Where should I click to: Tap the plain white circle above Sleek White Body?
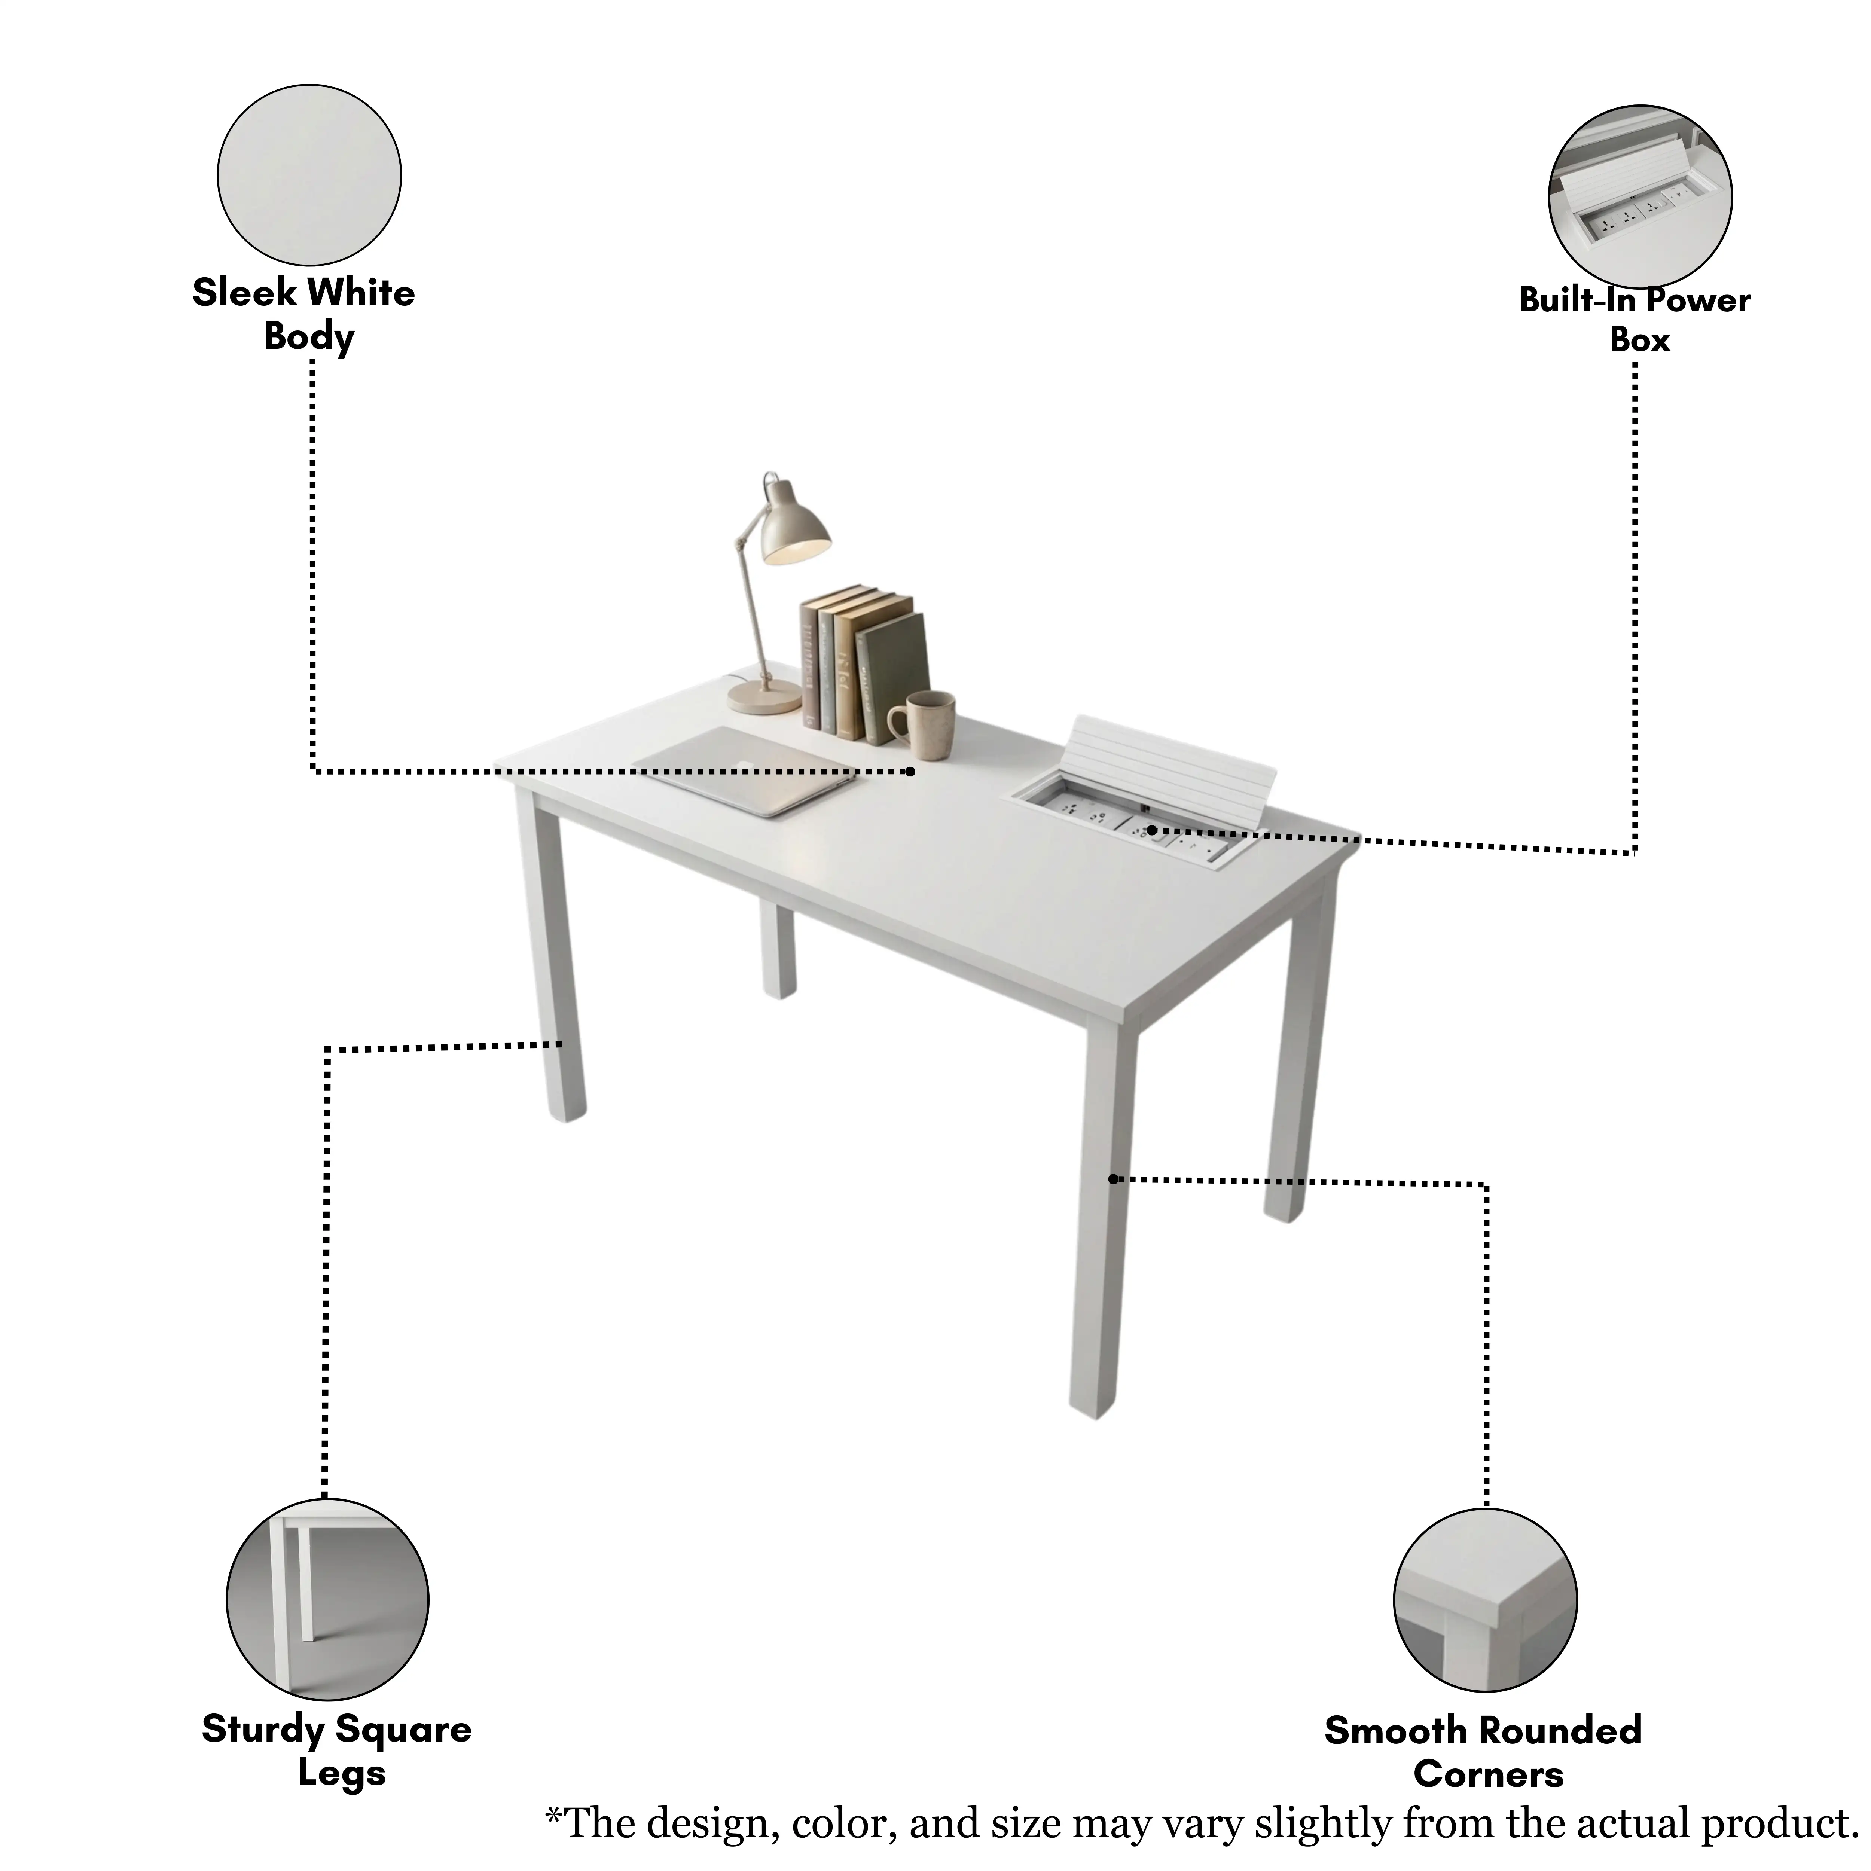tap(309, 174)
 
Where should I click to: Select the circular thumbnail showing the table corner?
tap(1486, 1600)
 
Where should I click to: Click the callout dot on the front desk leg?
tap(1114, 1179)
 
